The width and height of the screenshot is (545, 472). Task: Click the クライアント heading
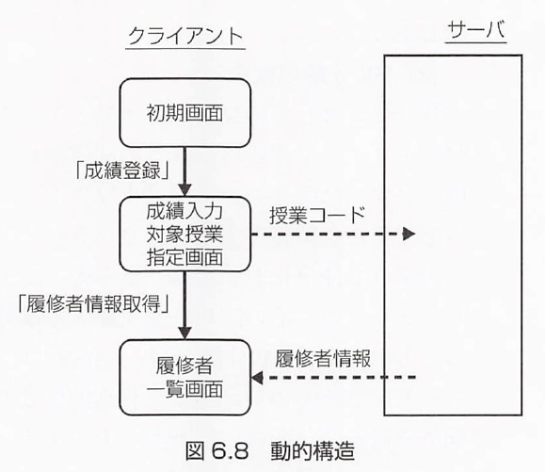click(x=185, y=36)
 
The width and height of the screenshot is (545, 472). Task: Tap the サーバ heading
click(x=476, y=29)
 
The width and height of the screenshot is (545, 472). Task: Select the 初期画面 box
click(x=184, y=112)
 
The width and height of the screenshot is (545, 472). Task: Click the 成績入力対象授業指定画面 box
click(x=184, y=234)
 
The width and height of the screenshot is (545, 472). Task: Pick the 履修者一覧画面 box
click(x=184, y=378)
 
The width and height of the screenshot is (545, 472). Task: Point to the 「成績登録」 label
click(x=123, y=171)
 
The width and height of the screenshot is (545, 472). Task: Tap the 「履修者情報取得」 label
click(x=94, y=303)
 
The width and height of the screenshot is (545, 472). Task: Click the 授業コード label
click(x=317, y=215)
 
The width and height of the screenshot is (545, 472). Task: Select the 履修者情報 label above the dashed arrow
click(x=323, y=358)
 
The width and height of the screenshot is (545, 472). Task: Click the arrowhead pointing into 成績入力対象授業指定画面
click(x=184, y=190)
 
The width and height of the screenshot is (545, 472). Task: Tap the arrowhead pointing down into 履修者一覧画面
click(x=184, y=334)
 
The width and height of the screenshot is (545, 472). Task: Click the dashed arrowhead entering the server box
click(x=409, y=234)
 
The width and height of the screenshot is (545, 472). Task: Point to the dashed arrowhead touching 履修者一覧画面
click(x=257, y=378)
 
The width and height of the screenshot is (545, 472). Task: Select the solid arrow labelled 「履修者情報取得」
click(x=184, y=306)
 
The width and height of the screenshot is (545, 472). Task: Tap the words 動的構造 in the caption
click(x=313, y=450)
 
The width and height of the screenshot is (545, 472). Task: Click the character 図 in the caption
click(x=195, y=450)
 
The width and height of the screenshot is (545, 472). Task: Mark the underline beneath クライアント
click(x=185, y=48)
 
